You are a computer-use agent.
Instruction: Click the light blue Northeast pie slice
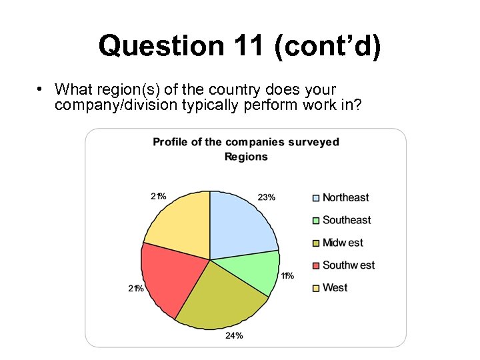tap(240, 223)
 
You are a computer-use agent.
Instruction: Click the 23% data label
tap(267, 197)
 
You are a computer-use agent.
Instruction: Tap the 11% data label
tap(287, 275)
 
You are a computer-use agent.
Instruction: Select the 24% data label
tap(234, 335)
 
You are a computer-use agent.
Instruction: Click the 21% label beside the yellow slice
tap(159, 197)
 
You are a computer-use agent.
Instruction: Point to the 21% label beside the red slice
tap(136, 288)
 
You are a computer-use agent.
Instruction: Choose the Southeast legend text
tap(347, 220)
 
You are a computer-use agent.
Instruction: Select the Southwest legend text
tap(349, 265)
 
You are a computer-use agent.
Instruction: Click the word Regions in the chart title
tap(246, 157)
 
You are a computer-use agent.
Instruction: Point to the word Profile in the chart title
tap(169, 142)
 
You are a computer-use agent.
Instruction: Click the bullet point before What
tap(41, 89)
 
